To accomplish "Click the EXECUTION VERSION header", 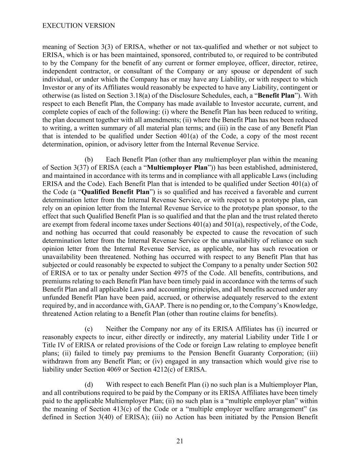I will (78, 26).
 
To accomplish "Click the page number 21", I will (180, 441).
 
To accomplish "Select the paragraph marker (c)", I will (88, 329).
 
